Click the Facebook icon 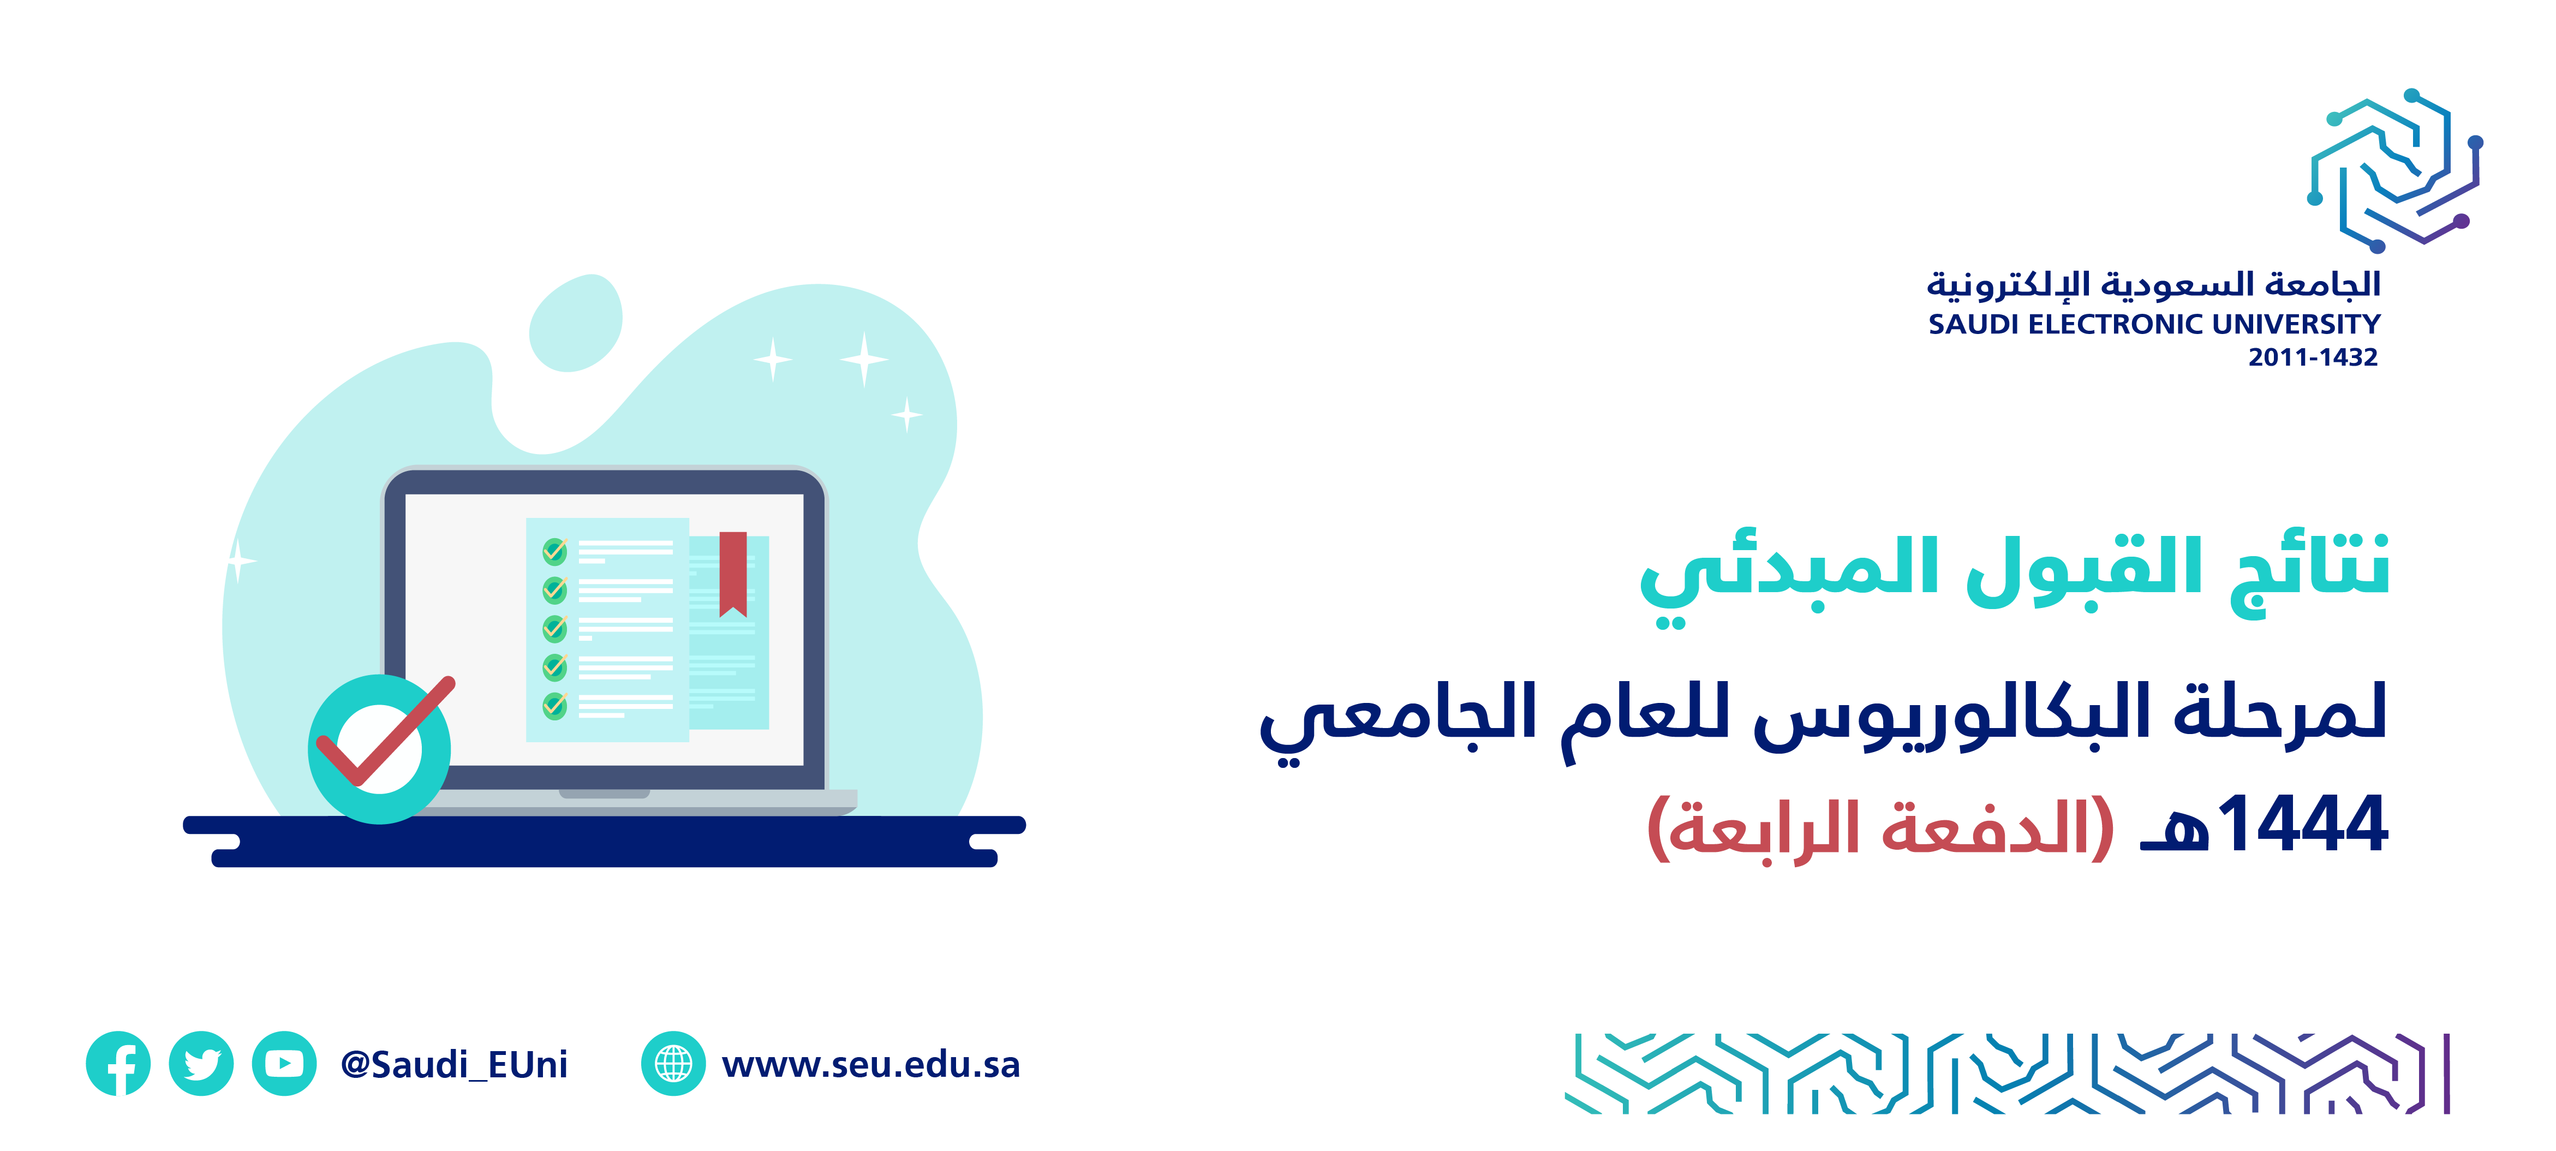coord(118,1064)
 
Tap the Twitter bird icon coord(201,1064)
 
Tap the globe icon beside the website coord(674,1064)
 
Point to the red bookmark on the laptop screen coord(733,574)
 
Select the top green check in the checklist coord(554,551)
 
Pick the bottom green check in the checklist coord(554,706)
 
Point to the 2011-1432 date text coord(2313,357)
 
